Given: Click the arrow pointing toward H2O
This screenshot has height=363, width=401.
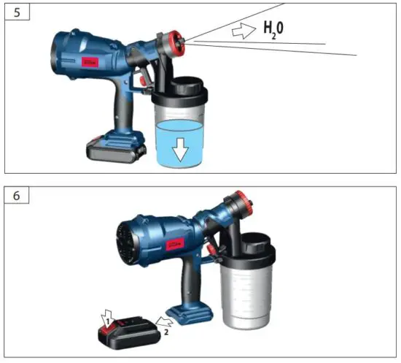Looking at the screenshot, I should tap(241, 31).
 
